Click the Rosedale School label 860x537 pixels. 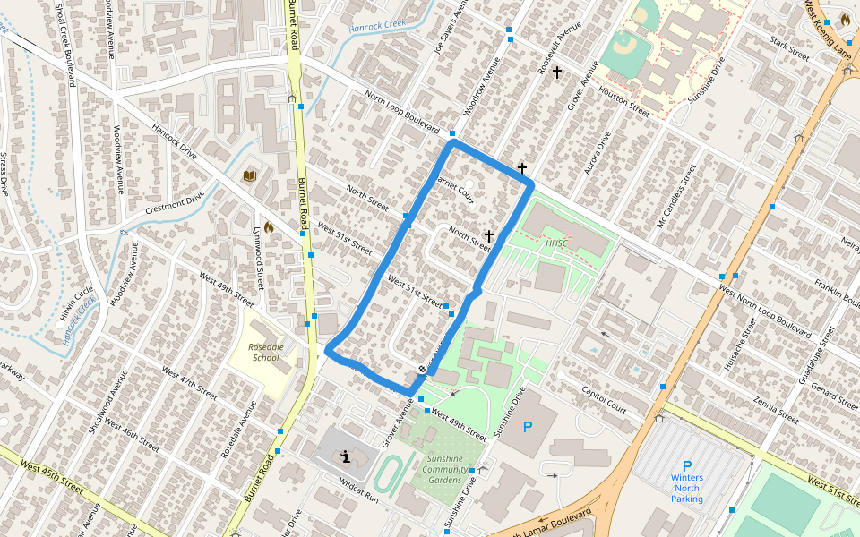(x=265, y=352)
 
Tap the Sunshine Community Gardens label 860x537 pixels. (x=444, y=469)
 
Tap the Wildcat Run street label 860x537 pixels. (x=359, y=489)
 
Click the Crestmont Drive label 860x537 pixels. (x=177, y=202)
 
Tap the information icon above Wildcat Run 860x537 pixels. (x=346, y=457)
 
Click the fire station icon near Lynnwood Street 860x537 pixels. (x=268, y=227)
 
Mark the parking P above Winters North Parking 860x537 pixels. (x=687, y=465)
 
